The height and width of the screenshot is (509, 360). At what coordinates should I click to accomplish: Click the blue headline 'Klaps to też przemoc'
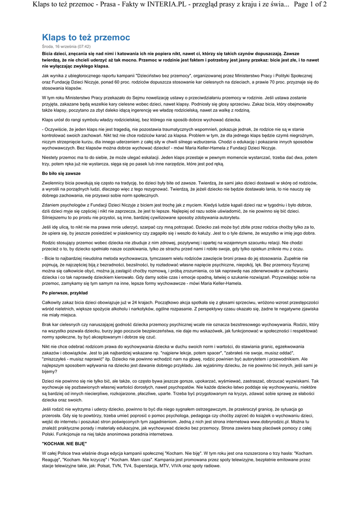(86, 37)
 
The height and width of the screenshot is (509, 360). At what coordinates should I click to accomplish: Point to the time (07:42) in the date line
(82, 46)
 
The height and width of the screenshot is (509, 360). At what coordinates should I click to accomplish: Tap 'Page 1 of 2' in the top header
(310, 5)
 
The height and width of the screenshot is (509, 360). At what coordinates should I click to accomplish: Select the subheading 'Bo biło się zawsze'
(61, 173)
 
